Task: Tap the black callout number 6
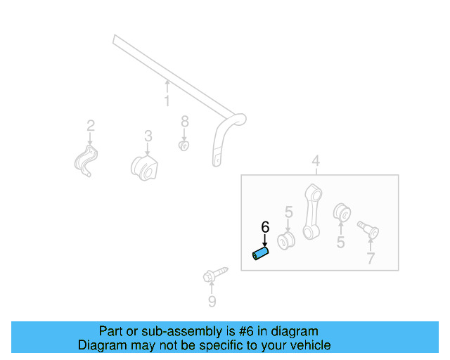pyautogui.click(x=265, y=227)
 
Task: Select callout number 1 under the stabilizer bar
pyautogui.click(x=167, y=101)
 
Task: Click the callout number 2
pyautogui.click(x=91, y=126)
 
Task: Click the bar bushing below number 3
pyautogui.click(x=145, y=167)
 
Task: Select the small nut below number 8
pyautogui.click(x=184, y=146)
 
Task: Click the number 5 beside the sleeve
pyautogui.click(x=288, y=212)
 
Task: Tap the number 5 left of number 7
pyautogui.click(x=340, y=243)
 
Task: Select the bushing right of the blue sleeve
pyautogui.click(x=286, y=242)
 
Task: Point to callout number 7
pyautogui.click(x=371, y=259)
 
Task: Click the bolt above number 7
pyautogui.click(x=368, y=229)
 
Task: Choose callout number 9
pyautogui.click(x=212, y=302)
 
